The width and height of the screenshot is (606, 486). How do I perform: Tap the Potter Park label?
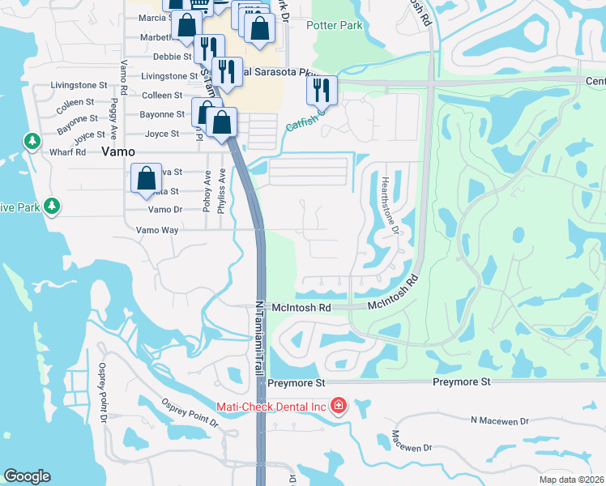pos(334,25)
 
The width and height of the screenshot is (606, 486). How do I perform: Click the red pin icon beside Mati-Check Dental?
pos(339,405)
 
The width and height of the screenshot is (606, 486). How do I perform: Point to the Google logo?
pos(27,476)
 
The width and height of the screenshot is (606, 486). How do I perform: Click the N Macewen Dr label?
pos(499,420)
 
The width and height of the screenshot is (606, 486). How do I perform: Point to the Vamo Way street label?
pos(157,230)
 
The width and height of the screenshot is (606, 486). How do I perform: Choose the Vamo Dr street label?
pos(165,209)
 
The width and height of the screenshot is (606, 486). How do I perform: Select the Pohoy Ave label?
pos(207,191)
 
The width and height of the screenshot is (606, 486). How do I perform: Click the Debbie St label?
pos(173,57)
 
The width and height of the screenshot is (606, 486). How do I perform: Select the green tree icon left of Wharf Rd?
pos(32,142)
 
